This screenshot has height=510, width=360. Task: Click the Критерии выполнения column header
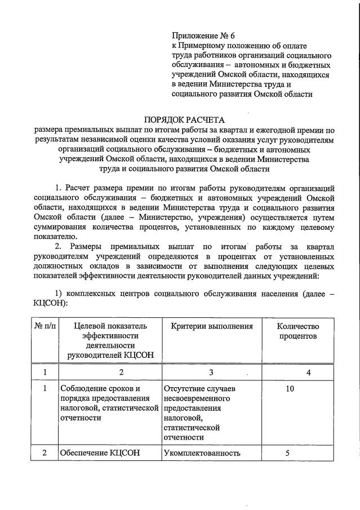coord(208,326)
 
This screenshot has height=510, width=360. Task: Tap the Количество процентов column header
coord(297,331)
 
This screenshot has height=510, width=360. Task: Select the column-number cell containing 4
coord(308,372)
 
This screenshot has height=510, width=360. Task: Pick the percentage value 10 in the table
coord(290,389)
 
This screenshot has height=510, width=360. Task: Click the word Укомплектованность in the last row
coord(202,453)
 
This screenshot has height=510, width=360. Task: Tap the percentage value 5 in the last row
coord(287,453)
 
